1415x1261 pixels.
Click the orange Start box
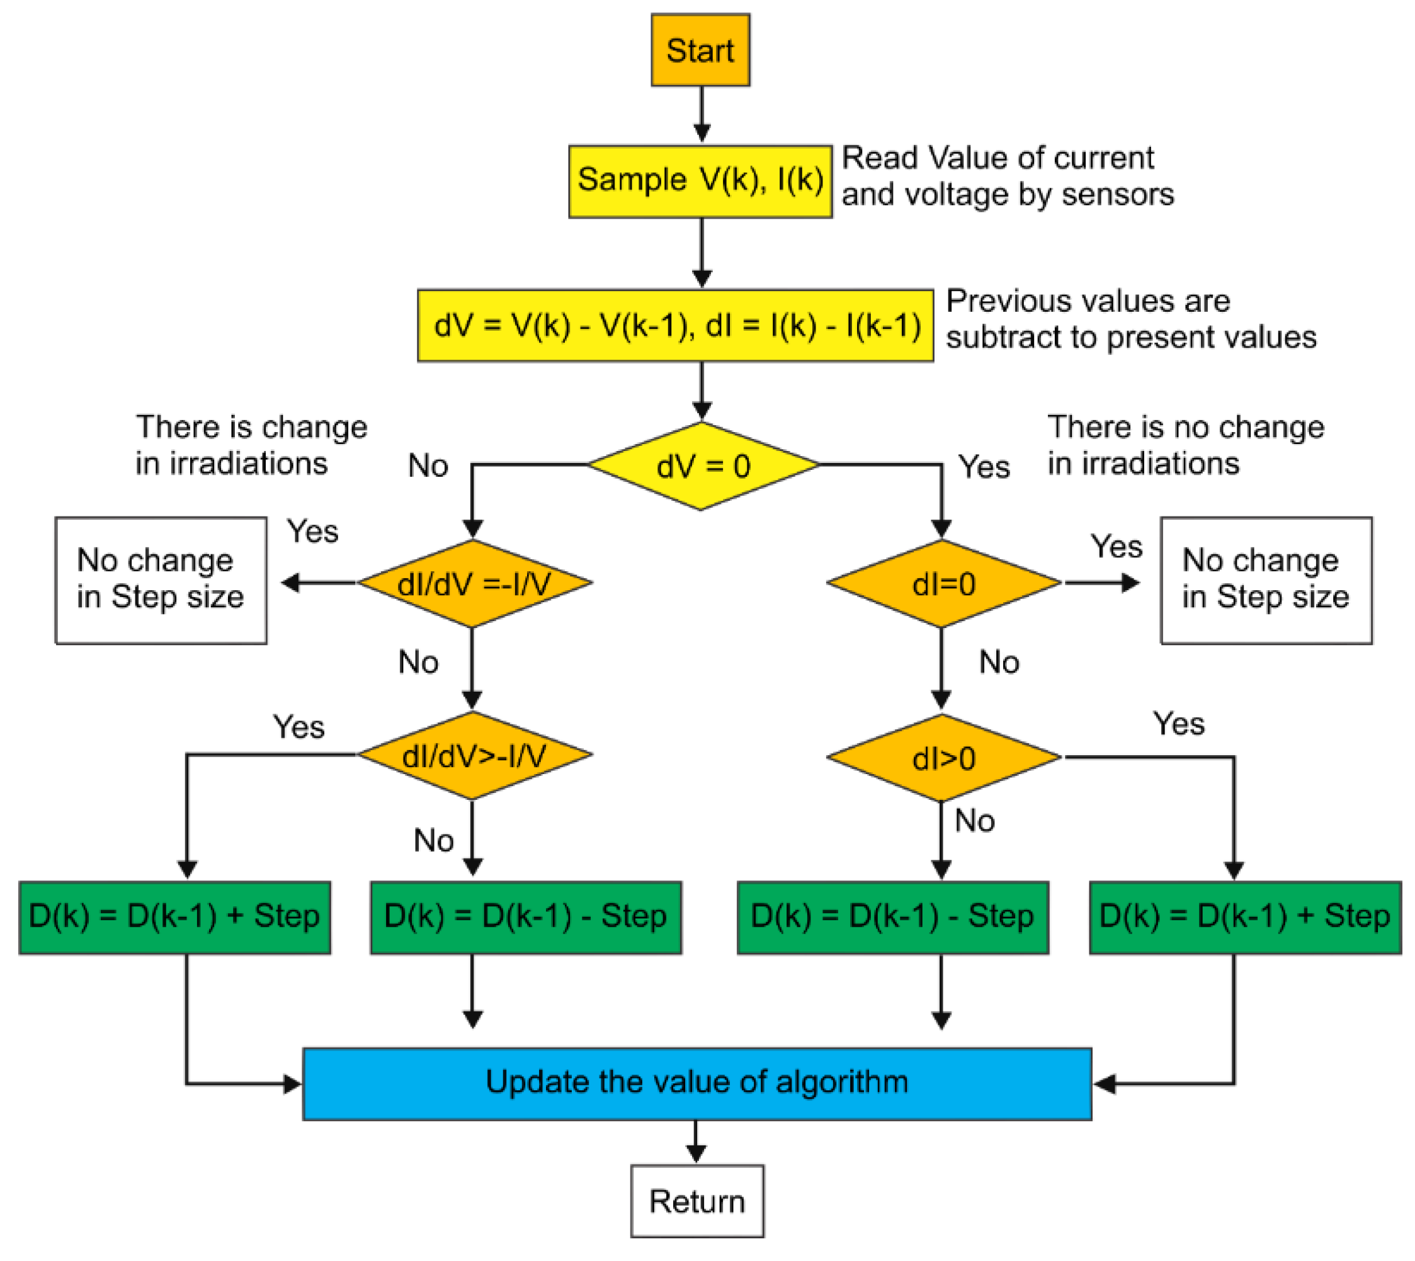click(x=700, y=50)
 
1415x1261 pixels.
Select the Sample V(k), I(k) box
click(x=700, y=181)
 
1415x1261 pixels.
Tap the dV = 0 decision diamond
click(x=702, y=466)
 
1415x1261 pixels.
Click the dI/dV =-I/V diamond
click(x=474, y=583)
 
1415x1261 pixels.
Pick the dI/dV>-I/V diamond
click(x=474, y=755)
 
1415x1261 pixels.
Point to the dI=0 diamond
click(x=943, y=583)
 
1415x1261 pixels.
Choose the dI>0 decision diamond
click(x=943, y=758)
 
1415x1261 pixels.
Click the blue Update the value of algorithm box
click(x=696, y=1083)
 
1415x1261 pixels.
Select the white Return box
click(x=696, y=1202)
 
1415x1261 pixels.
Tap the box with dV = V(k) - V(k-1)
click(x=675, y=326)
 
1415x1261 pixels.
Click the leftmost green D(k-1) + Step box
click(x=174, y=917)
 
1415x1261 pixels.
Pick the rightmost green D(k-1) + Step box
click(x=1244, y=917)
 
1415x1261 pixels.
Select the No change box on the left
click(x=161, y=580)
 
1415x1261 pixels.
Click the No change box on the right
click(x=1266, y=580)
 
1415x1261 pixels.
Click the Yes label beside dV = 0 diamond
click(x=984, y=467)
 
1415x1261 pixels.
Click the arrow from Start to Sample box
click(x=702, y=115)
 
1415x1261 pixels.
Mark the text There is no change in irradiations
click(x=1185, y=445)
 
